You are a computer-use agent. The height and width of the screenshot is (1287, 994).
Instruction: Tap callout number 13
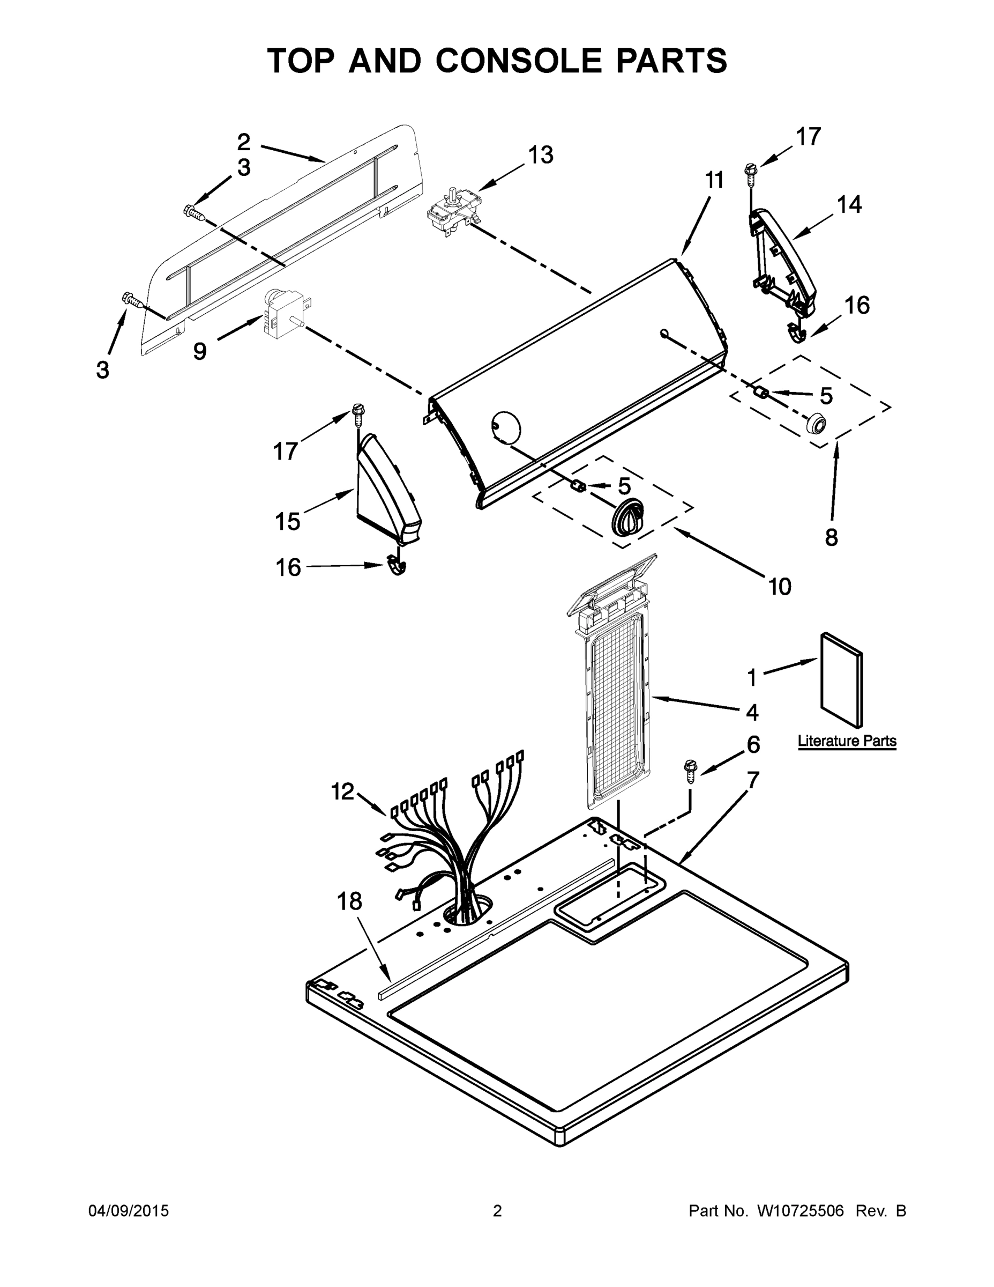(540, 155)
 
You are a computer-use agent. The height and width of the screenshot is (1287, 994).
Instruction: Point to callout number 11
(714, 180)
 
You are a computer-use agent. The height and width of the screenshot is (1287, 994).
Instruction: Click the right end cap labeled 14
(783, 262)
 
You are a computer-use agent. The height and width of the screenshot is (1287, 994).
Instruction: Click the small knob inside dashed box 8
(815, 424)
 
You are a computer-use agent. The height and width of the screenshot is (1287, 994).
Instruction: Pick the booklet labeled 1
(842, 681)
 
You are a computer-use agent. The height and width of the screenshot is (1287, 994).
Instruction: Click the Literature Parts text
(847, 741)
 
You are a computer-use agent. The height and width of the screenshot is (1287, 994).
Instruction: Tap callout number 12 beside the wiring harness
(343, 792)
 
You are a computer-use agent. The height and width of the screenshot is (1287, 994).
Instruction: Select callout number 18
(349, 901)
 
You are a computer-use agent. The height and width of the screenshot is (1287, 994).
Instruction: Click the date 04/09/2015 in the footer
(129, 1211)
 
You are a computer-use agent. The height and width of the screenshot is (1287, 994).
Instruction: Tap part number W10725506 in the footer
(800, 1211)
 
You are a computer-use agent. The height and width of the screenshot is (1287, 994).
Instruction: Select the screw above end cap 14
(751, 172)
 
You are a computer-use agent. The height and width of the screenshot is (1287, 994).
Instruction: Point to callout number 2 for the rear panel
(244, 142)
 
